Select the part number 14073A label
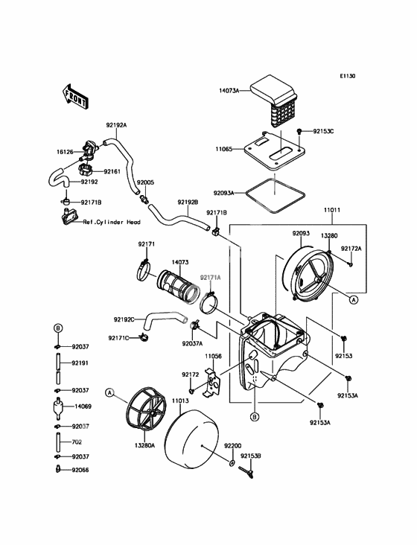tap(229, 91)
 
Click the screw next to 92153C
tap(299, 131)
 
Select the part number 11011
tap(332, 210)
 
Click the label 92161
tap(113, 171)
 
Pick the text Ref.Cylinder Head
tap(112, 222)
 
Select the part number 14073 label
tap(180, 262)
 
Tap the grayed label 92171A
tap(210, 278)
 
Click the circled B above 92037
tap(58, 328)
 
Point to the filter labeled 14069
tap(58, 407)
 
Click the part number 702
tap(77, 442)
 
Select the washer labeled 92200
tap(232, 463)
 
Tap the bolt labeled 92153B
tap(246, 472)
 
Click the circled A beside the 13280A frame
tap(109, 393)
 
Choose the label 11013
tap(180, 401)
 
